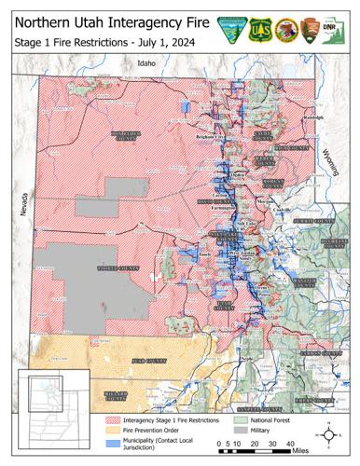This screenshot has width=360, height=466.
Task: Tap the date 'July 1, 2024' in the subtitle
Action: click(159, 44)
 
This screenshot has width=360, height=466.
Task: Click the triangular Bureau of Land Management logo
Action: click(229, 30)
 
